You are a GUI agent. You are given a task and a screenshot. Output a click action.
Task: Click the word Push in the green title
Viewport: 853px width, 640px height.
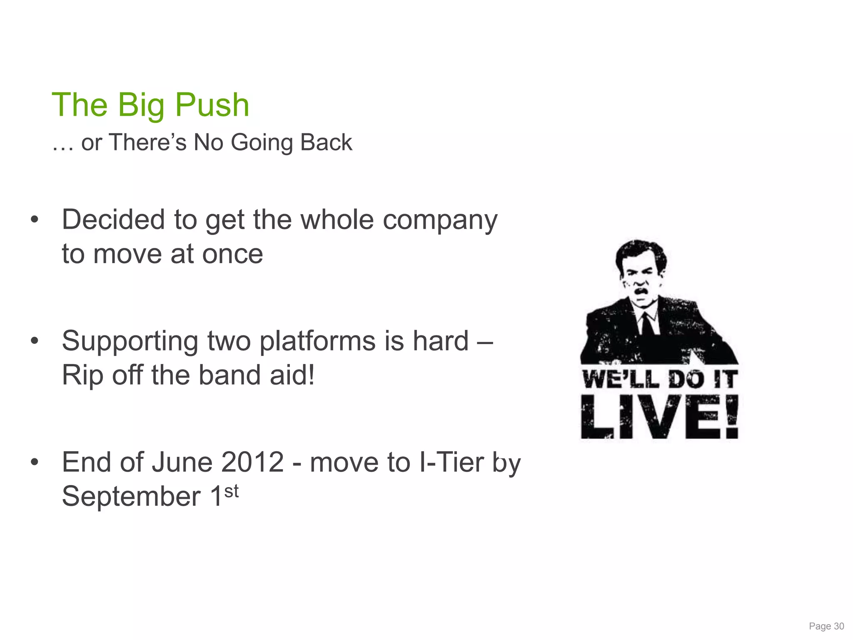[x=212, y=105]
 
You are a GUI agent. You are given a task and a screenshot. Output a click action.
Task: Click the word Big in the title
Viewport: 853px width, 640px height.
[x=141, y=105]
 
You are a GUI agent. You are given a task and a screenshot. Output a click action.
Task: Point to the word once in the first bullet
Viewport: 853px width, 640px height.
[x=232, y=254]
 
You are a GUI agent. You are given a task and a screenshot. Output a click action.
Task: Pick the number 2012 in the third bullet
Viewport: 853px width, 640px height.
[x=252, y=462]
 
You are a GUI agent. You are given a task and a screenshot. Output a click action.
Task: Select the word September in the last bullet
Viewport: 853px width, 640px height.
[x=131, y=497]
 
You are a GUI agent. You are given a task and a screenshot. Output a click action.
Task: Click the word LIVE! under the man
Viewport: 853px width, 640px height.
[x=659, y=417]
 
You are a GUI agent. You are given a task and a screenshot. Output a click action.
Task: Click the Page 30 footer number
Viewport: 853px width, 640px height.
[x=826, y=626]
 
